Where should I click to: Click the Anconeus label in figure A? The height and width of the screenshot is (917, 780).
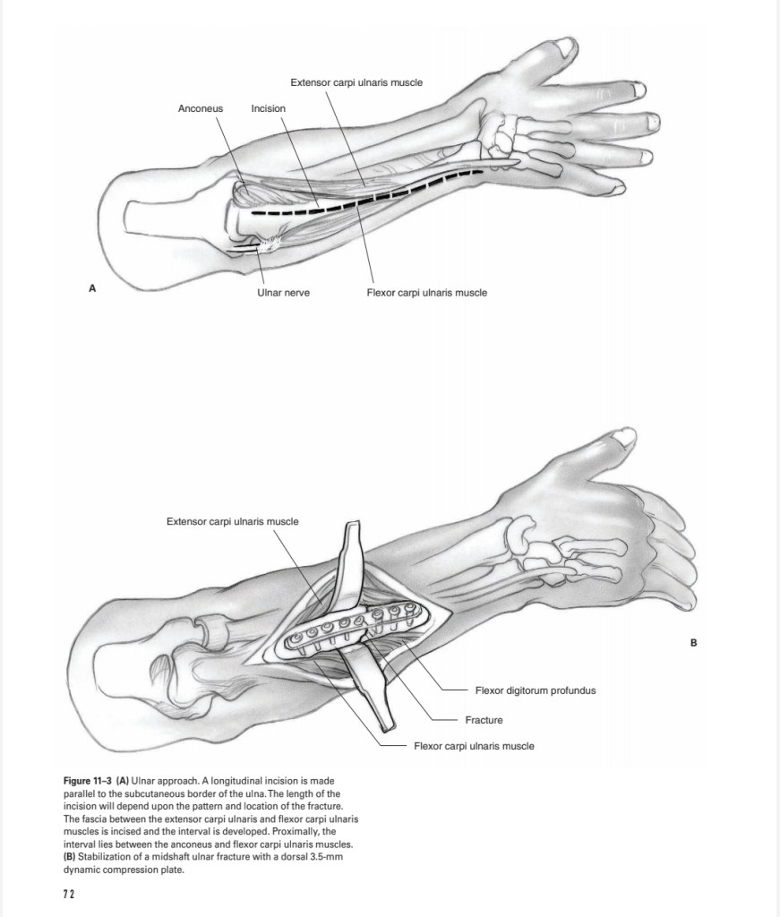[x=201, y=109]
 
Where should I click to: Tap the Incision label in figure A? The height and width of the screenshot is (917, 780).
[x=269, y=109]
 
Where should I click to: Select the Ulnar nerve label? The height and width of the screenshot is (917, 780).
[x=283, y=293]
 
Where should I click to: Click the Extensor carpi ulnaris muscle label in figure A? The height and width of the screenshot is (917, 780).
[x=356, y=82]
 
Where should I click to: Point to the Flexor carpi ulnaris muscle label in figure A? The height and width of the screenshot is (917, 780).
[x=427, y=293]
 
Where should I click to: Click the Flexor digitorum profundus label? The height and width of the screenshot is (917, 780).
[x=536, y=690]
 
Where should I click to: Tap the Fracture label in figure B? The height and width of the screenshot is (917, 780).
[x=484, y=720]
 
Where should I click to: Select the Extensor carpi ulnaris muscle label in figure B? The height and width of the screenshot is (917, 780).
[x=233, y=521]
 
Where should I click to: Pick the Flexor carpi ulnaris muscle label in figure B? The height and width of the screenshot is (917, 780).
[x=474, y=746]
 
